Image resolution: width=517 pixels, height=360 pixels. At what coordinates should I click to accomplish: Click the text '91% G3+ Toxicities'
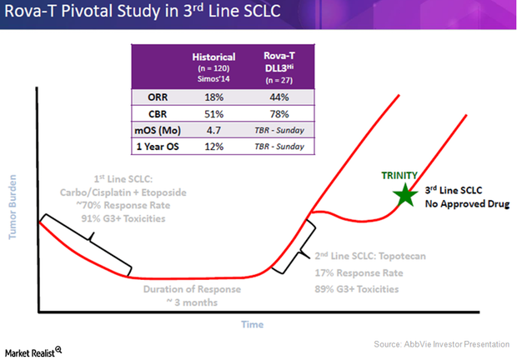pos(118,218)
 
